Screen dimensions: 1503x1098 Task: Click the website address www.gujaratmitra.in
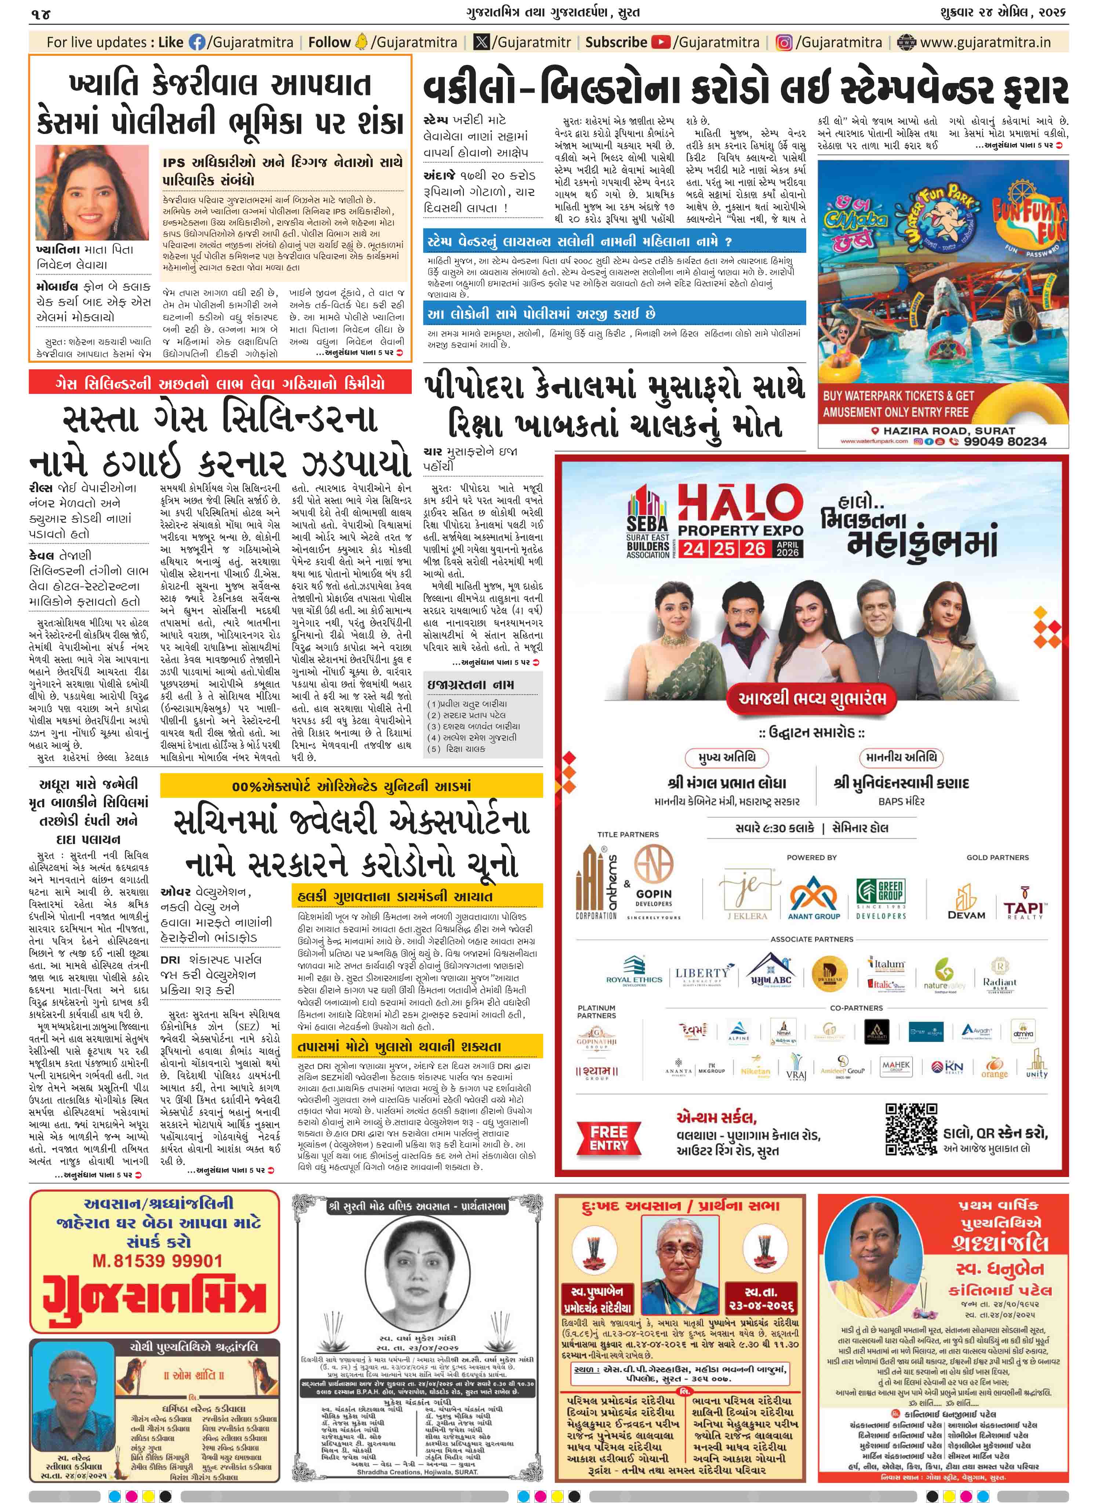pos(985,43)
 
